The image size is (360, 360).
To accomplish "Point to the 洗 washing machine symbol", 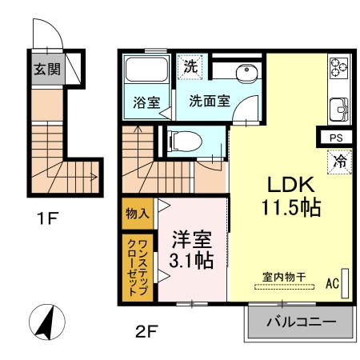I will click(x=190, y=66).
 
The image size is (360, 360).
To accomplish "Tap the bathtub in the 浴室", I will click(x=146, y=73).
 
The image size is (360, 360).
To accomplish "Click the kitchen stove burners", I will click(x=337, y=70).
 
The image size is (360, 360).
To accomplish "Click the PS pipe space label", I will click(x=335, y=138).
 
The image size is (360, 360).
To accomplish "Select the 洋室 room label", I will click(x=192, y=238).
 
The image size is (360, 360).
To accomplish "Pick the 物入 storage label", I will click(x=137, y=214).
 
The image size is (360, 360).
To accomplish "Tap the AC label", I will click(x=334, y=282).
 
